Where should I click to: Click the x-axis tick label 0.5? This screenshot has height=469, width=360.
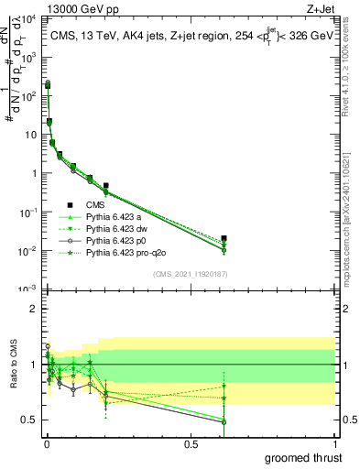click(191, 442)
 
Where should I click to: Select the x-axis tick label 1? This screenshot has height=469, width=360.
click(335, 442)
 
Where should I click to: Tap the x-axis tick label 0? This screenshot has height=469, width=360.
click(47, 442)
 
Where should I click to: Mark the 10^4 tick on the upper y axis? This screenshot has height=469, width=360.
click(29, 18)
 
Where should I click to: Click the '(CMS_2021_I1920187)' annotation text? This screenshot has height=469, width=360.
click(191, 274)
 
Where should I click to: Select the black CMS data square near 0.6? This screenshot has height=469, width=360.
click(224, 238)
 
